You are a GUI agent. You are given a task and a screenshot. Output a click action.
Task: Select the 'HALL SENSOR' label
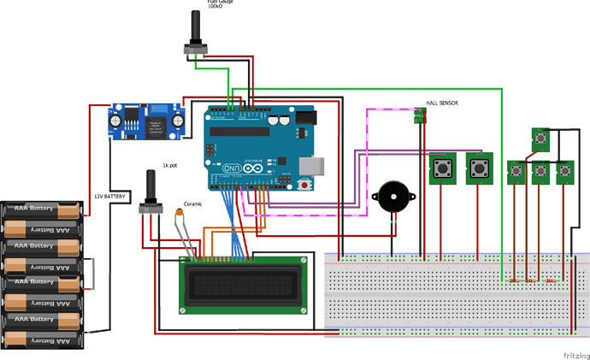click(441, 103)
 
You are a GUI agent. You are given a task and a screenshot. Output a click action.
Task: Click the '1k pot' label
click(170, 163)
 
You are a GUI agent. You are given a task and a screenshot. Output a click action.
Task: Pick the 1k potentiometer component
click(151, 192)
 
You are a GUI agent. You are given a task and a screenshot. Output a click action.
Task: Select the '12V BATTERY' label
click(109, 197)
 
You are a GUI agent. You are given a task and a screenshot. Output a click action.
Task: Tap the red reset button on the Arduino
click(305, 183)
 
